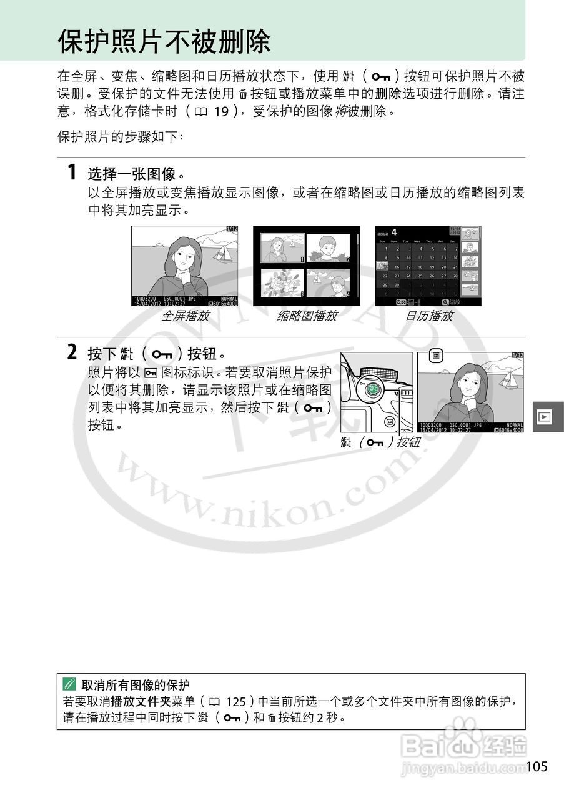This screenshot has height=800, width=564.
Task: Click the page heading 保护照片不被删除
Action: [164, 42]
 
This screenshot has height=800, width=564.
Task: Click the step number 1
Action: [72, 172]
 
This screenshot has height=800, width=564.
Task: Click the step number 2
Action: [72, 353]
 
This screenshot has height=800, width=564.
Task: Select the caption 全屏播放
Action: [185, 316]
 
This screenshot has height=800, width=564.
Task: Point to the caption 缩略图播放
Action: [307, 316]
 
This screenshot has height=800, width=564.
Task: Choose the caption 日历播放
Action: [429, 316]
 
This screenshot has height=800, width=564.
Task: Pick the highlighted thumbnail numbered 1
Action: [282, 248]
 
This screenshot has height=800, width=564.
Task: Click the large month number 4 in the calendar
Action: [394, 232]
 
